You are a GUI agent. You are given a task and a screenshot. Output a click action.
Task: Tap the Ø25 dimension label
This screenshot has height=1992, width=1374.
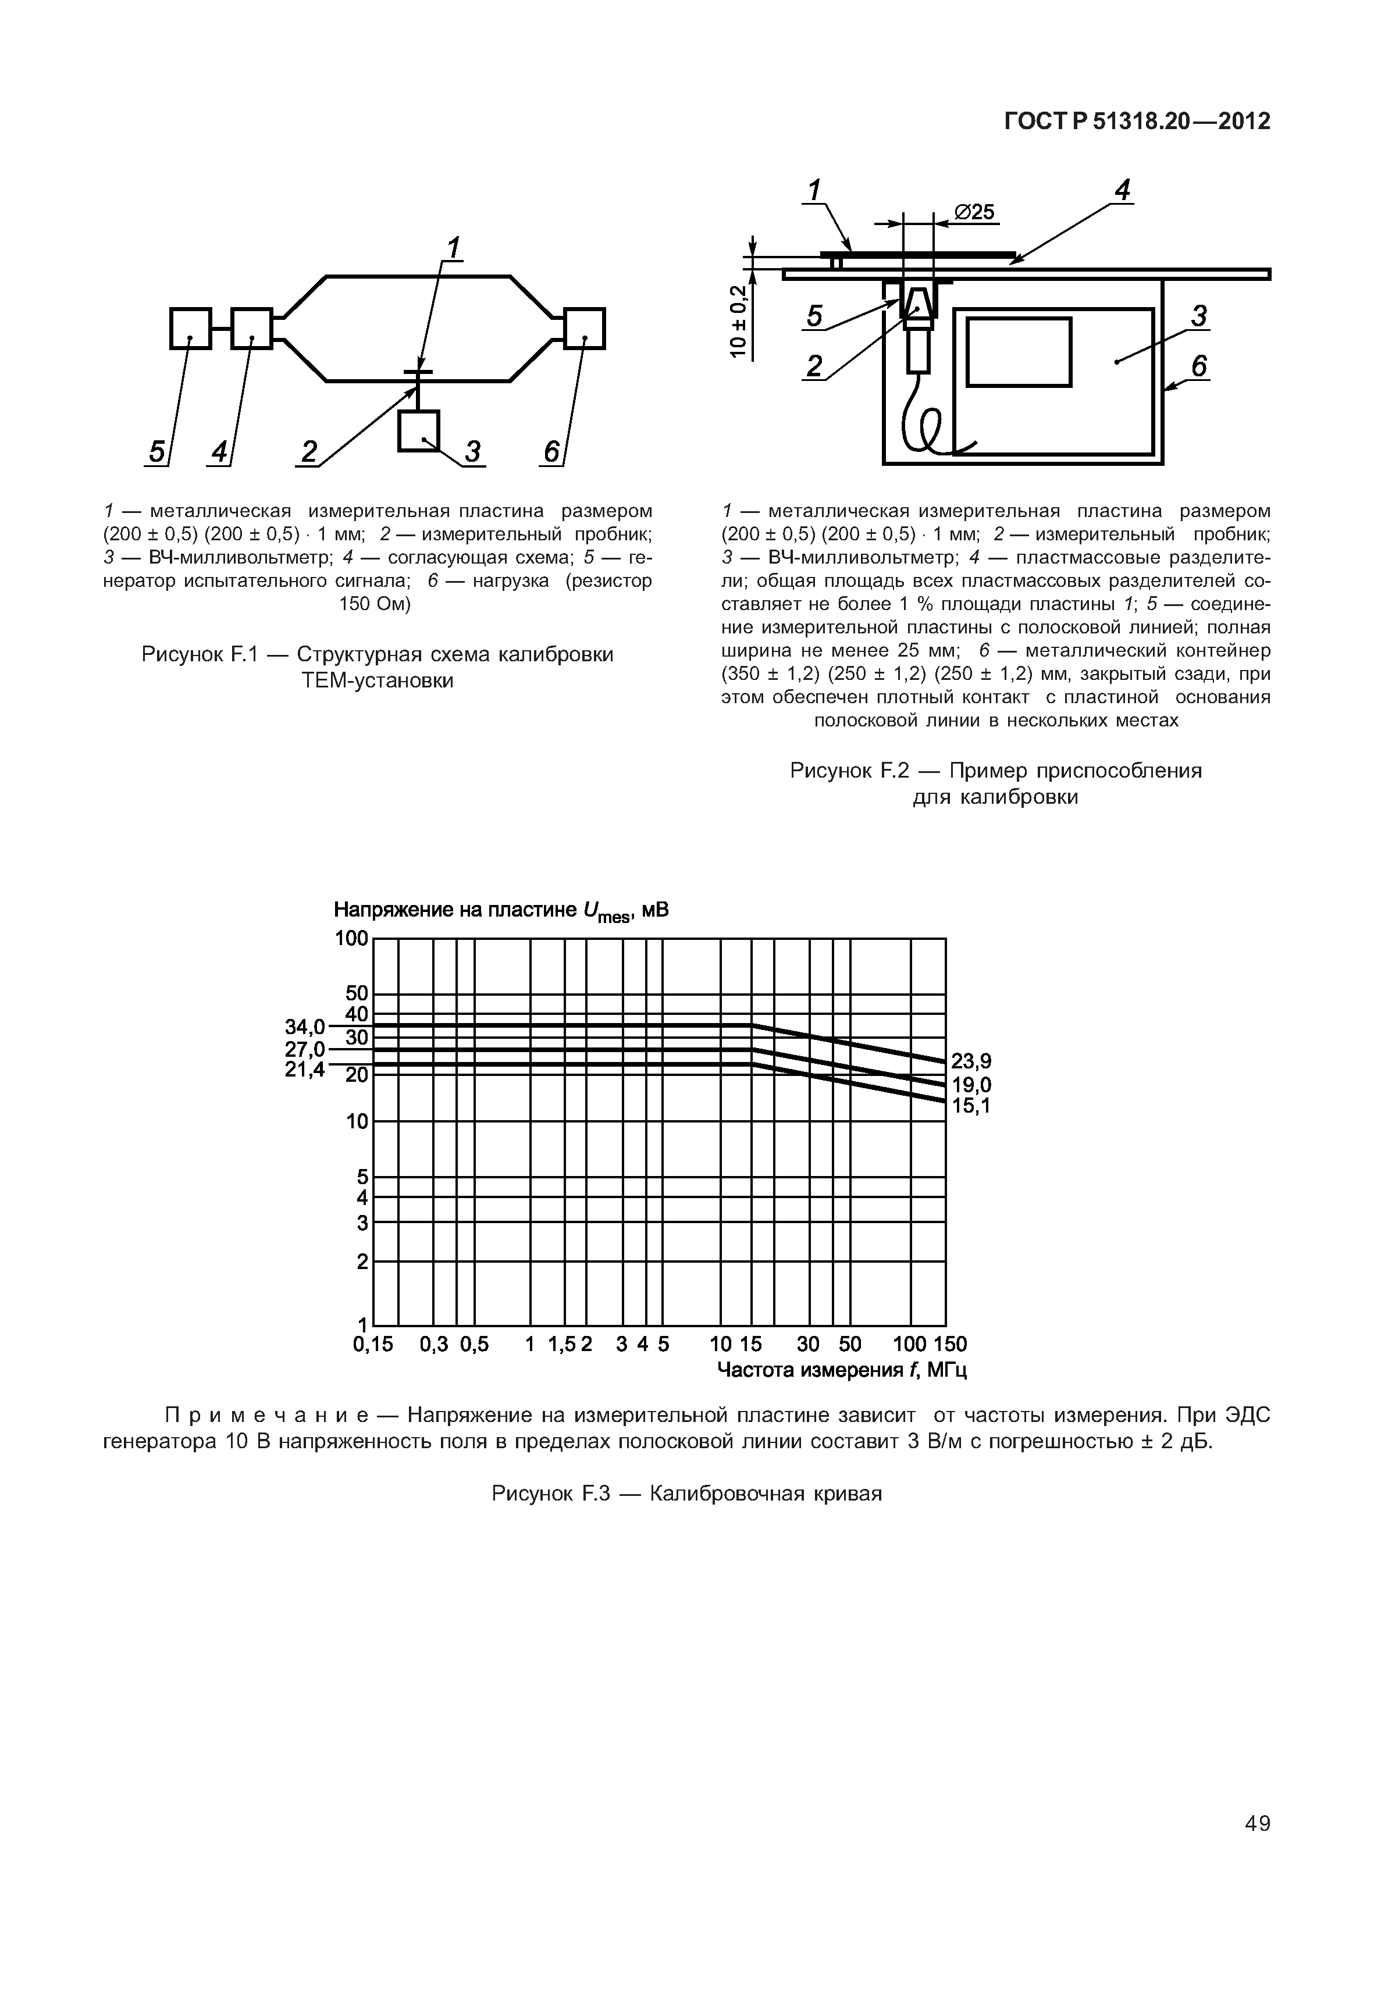click(974, 212)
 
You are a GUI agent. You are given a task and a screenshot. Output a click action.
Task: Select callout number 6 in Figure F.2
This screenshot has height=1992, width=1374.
click(1198, 367)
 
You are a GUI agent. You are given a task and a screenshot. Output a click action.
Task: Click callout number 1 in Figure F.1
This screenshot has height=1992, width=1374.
click(453, 247)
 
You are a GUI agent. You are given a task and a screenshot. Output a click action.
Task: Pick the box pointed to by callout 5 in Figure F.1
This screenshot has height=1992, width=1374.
click(190, 329)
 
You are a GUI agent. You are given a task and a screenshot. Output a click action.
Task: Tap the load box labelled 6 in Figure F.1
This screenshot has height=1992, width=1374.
click(585, 329)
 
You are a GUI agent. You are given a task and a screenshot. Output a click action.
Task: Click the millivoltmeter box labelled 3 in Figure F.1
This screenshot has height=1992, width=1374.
click(418, 430)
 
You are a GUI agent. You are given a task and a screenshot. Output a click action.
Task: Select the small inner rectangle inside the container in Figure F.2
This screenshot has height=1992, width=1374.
click(1019, 352)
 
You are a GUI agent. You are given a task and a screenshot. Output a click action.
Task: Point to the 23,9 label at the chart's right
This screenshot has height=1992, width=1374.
click(970, 1062)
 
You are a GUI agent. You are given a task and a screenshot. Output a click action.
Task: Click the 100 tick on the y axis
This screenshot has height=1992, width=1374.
click(351, 938)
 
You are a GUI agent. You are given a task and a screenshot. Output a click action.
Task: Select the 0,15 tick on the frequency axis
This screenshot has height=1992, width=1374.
click(373, 1345)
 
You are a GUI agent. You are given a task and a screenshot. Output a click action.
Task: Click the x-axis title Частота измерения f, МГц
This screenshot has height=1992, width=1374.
click(841, 1370)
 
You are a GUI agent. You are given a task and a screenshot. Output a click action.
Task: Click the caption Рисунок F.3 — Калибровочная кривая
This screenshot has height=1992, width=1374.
click(686, 1494)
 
